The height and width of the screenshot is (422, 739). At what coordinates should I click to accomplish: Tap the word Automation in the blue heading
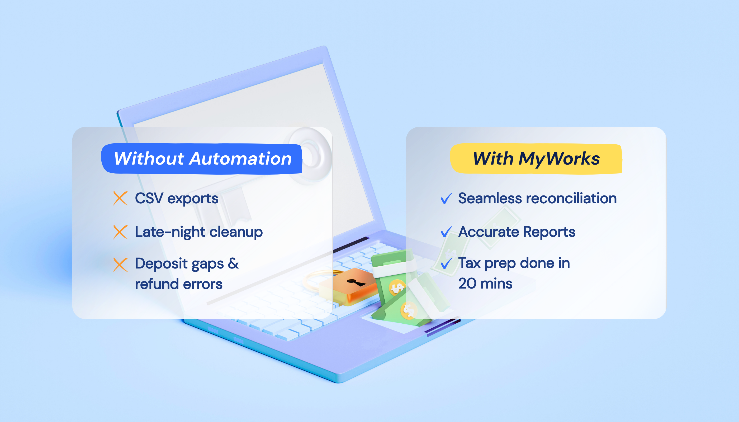(x=240, y=159)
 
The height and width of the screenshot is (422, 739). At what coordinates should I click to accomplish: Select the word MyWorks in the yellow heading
(x=559, y=159)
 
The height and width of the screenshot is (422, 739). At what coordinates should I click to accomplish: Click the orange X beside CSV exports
(x=120, y=198)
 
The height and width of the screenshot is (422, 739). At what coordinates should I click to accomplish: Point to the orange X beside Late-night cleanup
(x=120, y=232)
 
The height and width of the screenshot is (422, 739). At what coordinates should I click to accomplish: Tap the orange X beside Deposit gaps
(x=120, y=265)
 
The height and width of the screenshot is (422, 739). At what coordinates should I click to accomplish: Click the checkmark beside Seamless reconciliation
(x=446, y=198)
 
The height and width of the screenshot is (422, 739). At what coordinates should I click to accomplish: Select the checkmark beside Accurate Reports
(x=446, y=232)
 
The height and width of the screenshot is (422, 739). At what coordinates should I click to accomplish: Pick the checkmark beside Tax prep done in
(x=446, y=263)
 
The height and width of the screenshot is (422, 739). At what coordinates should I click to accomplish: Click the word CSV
(x=149, y=198)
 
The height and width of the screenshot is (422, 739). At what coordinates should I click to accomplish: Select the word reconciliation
(x=571, y=198)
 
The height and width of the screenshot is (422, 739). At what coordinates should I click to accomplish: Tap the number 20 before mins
(x=467, y=284)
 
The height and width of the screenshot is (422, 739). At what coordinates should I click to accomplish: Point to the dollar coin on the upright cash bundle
(x=396, y=287)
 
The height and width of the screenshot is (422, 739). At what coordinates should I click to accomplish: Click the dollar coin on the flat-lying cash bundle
(x=409, y=310)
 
